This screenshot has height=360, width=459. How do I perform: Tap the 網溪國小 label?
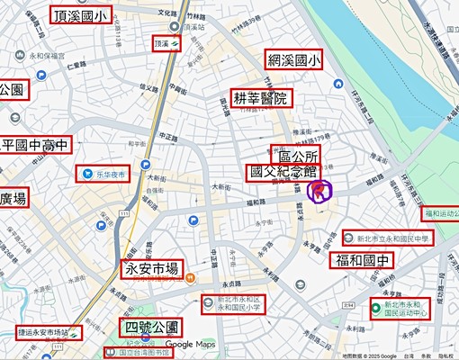point(294,60)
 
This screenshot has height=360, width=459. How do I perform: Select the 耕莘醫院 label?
point(260,98)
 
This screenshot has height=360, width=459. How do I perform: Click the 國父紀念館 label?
point(283,171)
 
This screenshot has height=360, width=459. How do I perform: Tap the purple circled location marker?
point(319,190)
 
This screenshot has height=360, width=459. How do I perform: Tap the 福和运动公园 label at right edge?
point(441,213)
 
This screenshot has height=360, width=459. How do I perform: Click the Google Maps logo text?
point(191,345)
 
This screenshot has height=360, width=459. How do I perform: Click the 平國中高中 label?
point(34,146)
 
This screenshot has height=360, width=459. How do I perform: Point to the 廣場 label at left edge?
point(14,198)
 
